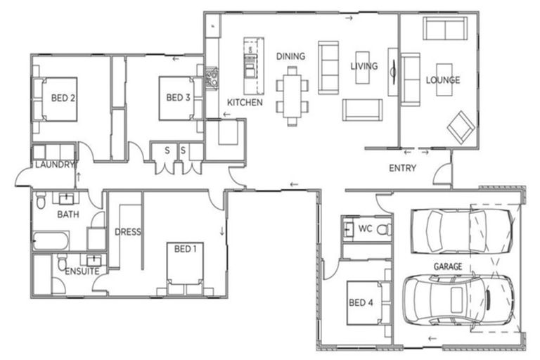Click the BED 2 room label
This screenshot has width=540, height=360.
(64, 98)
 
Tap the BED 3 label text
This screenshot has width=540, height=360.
(179, 98)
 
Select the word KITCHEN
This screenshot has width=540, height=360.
(245, 103)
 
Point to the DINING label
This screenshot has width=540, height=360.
(290, 56)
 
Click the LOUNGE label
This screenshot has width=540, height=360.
(443, 80)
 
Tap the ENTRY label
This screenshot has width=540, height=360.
(403, 168)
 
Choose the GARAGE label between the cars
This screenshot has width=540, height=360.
(447, 266)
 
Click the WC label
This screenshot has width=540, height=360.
(365, 229)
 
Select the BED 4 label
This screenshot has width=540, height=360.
(361, 303)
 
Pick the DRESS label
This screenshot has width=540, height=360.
(127, 231)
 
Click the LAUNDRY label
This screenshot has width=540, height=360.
(54, 165)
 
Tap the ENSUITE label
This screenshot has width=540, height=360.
(82, 271)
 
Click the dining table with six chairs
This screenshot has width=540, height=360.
(292, 94)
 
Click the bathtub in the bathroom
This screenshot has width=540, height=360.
(51, 241)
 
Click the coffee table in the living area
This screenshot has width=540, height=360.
(362, 67)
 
